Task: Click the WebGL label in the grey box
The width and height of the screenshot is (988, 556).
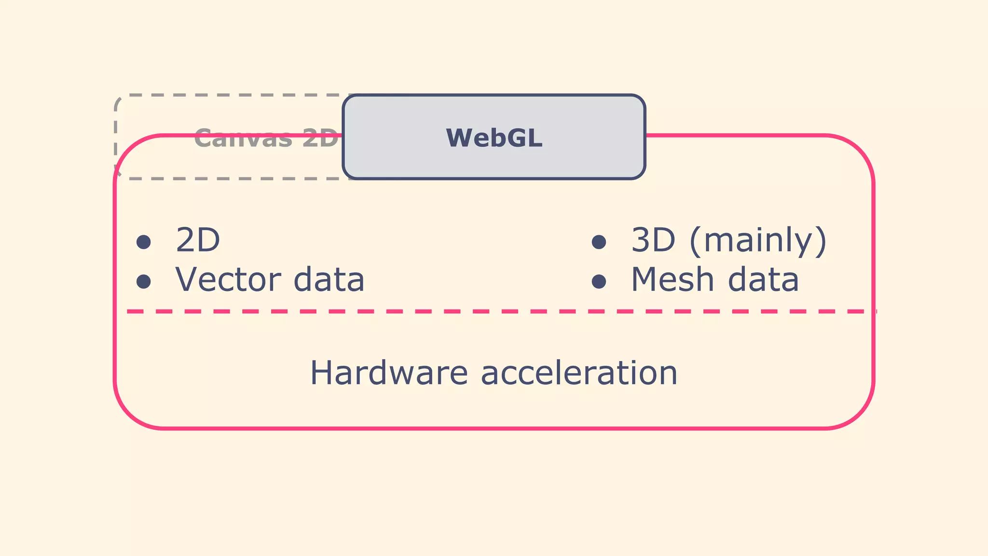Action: point(494,138)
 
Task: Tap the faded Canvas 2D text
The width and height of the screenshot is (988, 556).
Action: point(266,139)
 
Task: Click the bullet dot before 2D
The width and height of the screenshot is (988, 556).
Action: point(143,241)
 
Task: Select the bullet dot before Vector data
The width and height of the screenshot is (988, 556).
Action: point(143,281)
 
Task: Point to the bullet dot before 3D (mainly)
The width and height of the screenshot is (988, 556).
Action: point(599,241)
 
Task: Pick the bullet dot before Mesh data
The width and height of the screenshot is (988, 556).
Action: point(599,281)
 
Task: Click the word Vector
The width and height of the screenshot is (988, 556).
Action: point(228,280)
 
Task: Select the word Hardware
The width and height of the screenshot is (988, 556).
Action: point(389,373)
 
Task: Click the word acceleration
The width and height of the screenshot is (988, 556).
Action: point(579,373)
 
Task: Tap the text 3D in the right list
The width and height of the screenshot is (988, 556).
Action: point(653,240)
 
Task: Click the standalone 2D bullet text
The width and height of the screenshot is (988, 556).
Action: point(198,240)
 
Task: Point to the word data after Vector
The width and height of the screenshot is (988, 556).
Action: point(329,280)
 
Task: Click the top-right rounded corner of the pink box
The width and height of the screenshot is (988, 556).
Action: point(859,150)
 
